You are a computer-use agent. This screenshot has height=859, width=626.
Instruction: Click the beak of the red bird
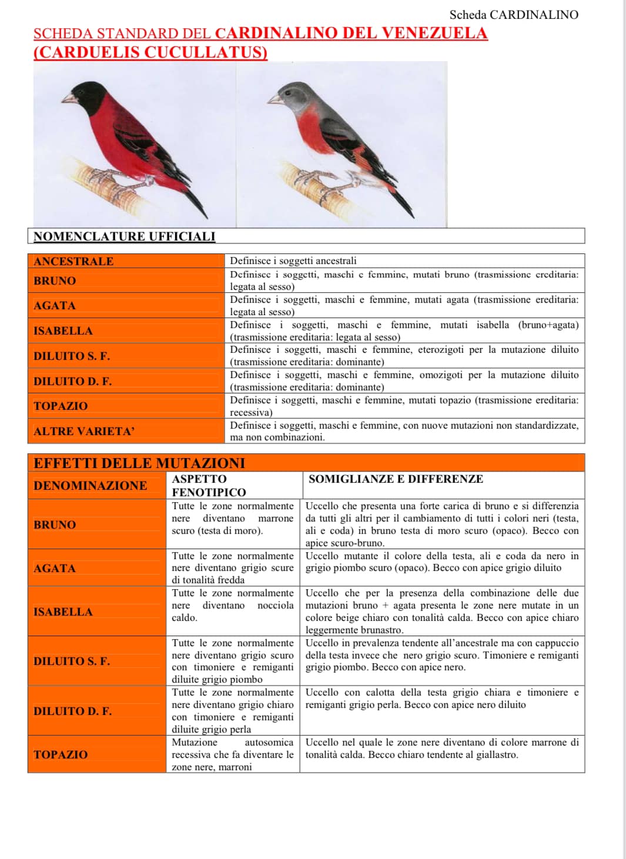click(x=69, y=98)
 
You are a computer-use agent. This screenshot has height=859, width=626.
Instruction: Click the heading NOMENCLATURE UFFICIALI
click(x=125, y=236)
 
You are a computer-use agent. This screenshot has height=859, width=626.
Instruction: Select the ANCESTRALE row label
click(x=73, y=261)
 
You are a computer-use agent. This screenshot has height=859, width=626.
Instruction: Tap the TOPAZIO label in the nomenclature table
click(x=61, y=406)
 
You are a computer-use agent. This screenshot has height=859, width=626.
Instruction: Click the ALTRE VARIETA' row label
click(x=84, y=431)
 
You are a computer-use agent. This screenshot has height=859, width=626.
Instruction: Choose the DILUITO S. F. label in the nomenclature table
click(x=72, y=356)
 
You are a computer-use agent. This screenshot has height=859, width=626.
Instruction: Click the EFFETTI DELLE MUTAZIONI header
click(x=139, y=463)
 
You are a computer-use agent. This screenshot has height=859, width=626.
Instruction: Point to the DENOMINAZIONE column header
click(x=90, y=486)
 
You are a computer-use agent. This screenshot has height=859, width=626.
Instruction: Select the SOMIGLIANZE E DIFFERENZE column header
click(x=396, y=479)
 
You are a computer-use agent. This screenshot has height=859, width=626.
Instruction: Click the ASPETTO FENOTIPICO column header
click(x=209, y=486)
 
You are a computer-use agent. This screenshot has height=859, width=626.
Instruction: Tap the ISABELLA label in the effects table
click(x=63, y=612)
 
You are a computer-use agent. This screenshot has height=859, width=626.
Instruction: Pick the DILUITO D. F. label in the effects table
click(x=72, y=711)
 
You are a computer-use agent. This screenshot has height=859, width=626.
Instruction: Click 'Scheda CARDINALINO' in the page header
click(x=514, y=15)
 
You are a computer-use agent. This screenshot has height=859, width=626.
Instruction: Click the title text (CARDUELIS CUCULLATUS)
click(x=150, y=52)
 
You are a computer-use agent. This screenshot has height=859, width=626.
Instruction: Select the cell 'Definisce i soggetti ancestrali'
click(x=293, y=261)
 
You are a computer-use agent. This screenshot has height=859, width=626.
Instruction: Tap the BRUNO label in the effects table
click(x=55, y=525)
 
